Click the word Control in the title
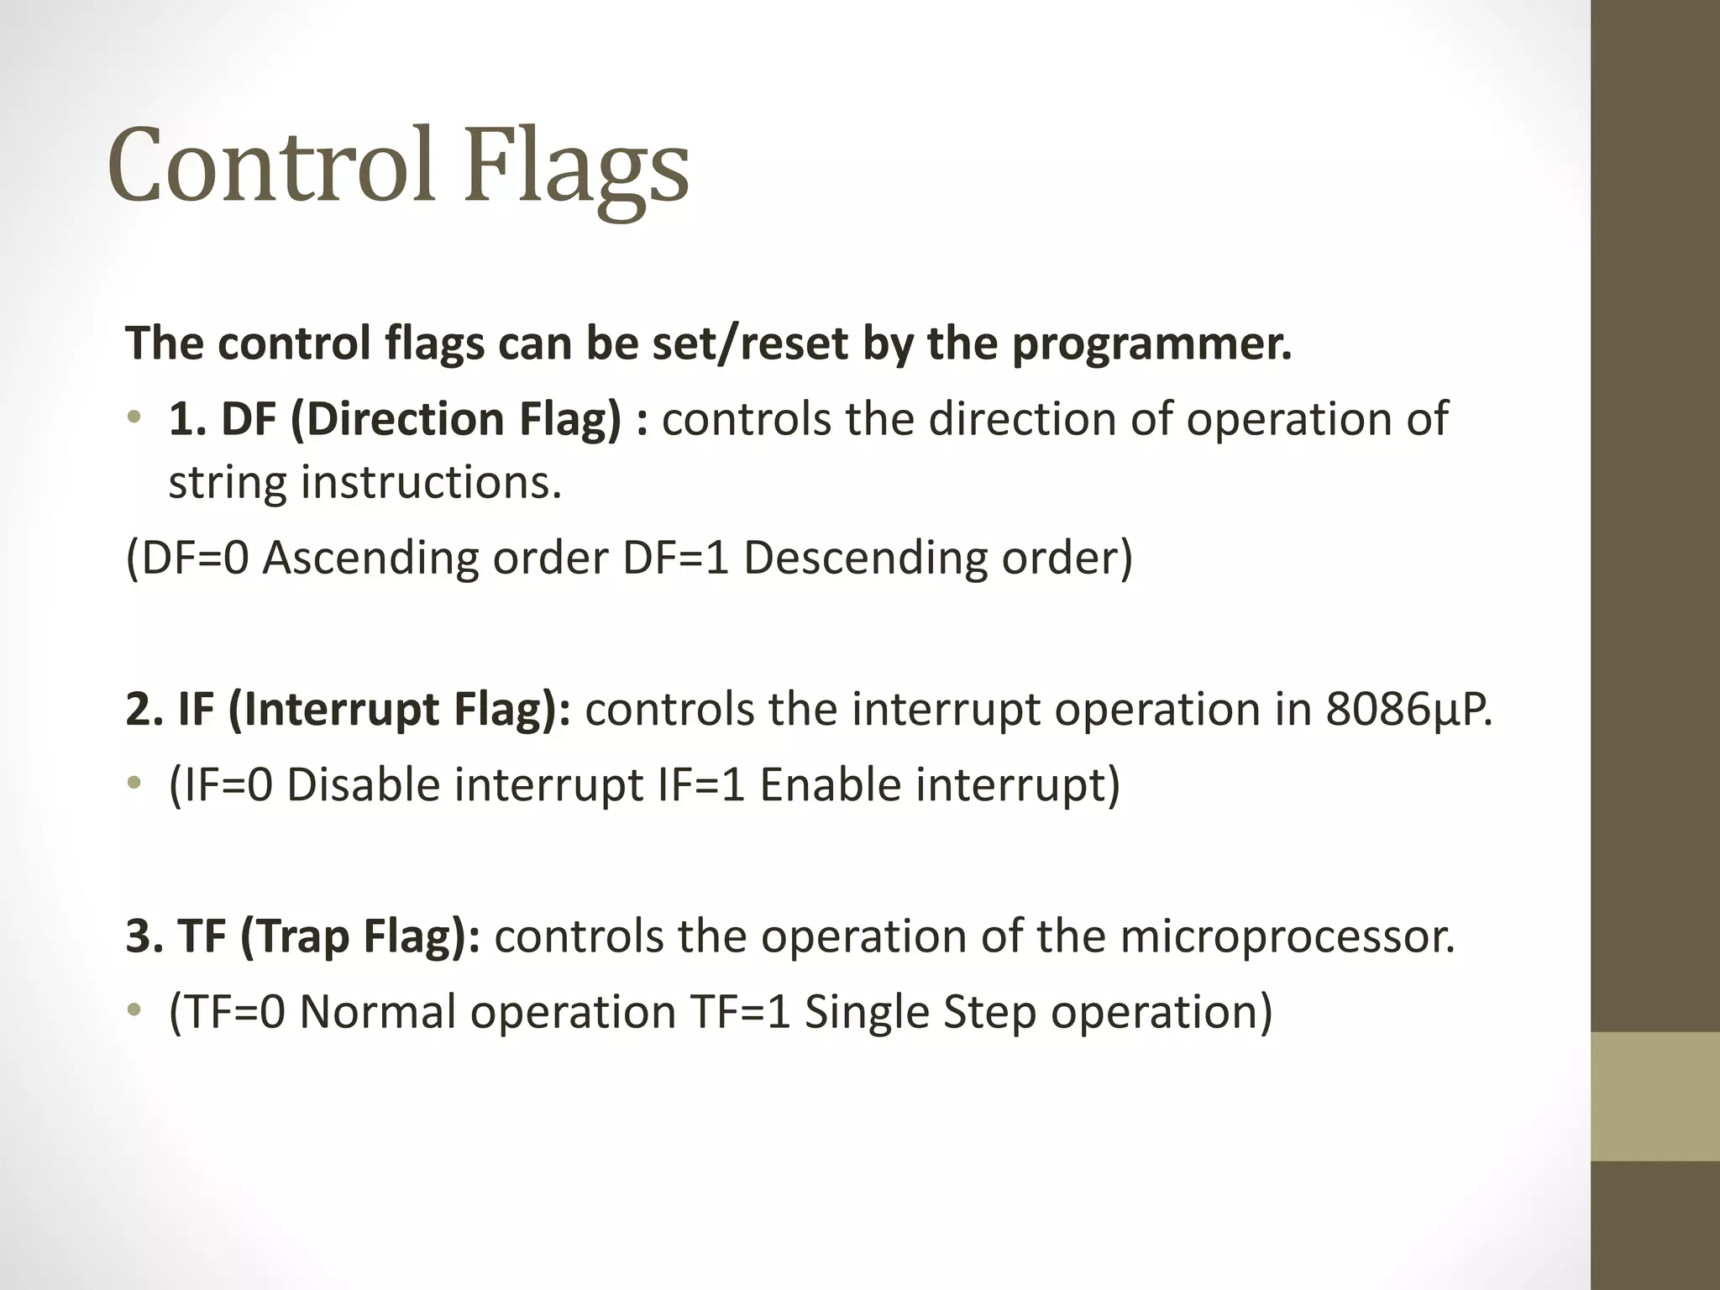pos(270,165)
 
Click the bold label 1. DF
pos(223,419)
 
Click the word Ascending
pos(370,558)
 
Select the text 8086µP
pos(1408,710)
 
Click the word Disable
pos(364,785)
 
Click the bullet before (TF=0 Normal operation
pos(134,1010)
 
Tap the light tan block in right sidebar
pos(1654,1096)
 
